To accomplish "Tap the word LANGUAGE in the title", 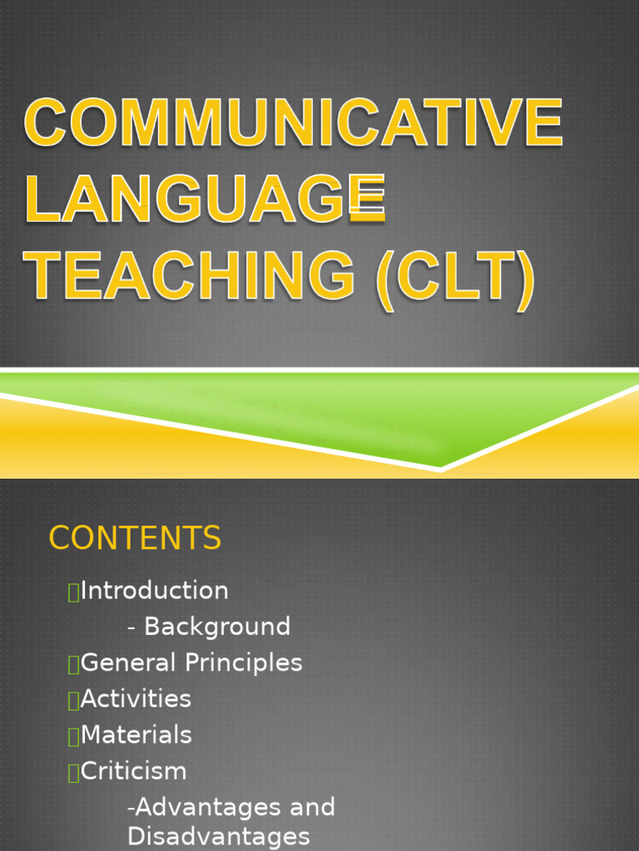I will (x=205, y=199).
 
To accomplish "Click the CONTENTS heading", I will (x=135, y=539).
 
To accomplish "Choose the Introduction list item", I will (x=155, y=591).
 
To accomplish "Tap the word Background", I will (x=217, y=627).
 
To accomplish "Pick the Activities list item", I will (x=136, y=699).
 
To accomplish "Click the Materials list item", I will (x=136, y=735).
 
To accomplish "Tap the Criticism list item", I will (x=134, y=771).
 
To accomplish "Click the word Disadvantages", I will (x=218, y=836).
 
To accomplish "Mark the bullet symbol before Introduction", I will (x=73, y=592).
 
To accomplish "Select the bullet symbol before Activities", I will (x=73, y=700).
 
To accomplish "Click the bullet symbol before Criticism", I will (x=73, y=772).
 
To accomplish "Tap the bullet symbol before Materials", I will (x=73, y=735).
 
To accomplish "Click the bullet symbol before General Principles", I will (x=73, y=664).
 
